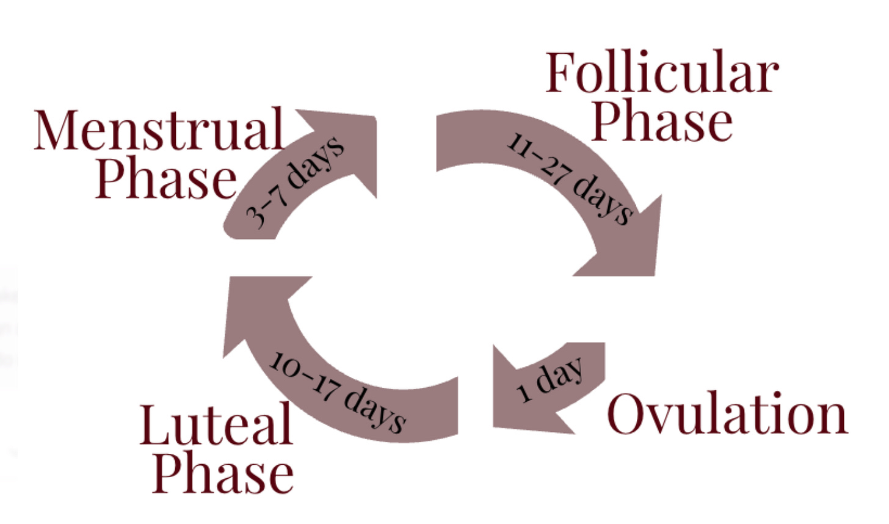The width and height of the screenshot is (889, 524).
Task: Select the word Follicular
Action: tap(662, 73)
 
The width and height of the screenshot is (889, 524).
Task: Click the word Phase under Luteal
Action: tap(223, 473)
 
